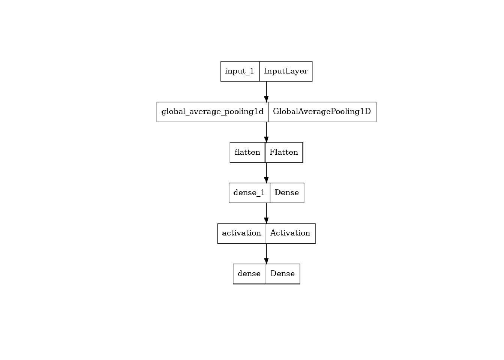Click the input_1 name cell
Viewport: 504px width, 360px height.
point(240,71)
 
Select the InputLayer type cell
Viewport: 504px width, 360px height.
point(286,71)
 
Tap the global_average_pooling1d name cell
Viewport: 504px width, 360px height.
point(212,112)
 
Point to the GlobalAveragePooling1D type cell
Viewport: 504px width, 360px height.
point(322,112)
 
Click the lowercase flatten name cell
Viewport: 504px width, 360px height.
point(247,152)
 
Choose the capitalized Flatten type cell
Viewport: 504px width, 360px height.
point(284,152)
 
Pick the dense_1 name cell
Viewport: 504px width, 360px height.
point(249,193)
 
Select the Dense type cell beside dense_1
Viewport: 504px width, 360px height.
point(287,193)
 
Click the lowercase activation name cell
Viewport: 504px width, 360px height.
point(241,233)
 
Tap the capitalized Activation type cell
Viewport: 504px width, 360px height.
point(291,233)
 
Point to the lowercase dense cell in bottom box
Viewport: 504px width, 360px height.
point(249,274)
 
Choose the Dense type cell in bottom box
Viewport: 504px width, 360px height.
point(283,274)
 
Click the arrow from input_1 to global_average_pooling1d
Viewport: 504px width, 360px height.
point(266,92)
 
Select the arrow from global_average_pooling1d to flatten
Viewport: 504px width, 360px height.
point(266,132)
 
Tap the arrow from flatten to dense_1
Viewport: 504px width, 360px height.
point(266,173)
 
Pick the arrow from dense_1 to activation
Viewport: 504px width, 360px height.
point(266,213)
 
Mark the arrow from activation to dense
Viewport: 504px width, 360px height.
point(266,254)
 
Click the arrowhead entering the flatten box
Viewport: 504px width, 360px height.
point(266,140)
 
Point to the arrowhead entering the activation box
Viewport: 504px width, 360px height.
point(266,221)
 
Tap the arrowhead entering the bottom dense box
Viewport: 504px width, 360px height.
point(266,261)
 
